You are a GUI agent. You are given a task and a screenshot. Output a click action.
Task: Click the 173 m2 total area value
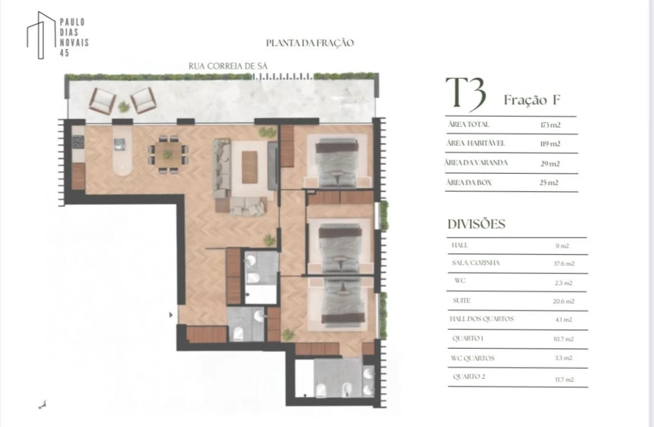click(x=550, y=125)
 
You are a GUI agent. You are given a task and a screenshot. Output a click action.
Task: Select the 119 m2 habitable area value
click(x=550, y=144)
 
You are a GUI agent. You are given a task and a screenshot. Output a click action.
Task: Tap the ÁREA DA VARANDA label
click(x=476, y=162)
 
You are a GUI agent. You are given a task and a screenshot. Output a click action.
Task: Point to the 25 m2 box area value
click(x=549, y=183)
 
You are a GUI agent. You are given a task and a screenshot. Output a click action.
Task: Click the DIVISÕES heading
click(x=476, y=224)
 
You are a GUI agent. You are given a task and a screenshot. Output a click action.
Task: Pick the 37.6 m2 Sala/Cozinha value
click(x=564, y=263)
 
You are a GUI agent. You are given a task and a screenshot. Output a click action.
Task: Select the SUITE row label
click(x=462, y=301)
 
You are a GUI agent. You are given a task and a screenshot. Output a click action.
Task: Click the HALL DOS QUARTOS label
click(x=481, y=319)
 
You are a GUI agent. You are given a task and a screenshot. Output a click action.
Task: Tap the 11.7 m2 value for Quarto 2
click(x=564, y=380)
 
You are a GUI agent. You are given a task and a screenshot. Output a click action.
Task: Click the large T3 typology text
click(x=466, y=94)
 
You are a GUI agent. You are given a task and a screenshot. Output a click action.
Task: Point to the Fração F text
click(x=532, y=100)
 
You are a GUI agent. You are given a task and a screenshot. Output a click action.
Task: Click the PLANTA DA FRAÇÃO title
click(x=310, y=43)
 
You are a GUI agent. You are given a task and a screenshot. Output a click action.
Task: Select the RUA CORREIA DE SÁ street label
click(x=228, y=66)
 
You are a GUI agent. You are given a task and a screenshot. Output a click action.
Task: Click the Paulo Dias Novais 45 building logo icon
click(x=41, y=35)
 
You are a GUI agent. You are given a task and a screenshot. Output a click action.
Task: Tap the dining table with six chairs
click(x=168, y=154)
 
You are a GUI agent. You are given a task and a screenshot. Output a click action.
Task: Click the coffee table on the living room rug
click(x=250, y=167)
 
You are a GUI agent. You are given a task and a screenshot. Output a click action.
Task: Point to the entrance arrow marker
click(x=171, y=316)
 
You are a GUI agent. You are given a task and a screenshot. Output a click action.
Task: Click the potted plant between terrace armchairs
click(x=124, y=107)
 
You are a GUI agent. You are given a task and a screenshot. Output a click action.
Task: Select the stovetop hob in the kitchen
click(x=78, y=142)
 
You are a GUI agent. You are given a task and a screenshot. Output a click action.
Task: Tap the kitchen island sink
click(x=120, y=144)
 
